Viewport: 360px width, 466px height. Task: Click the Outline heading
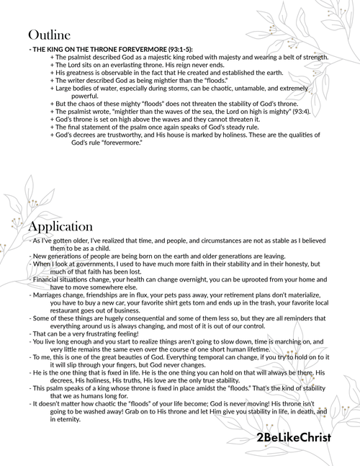(49, 35)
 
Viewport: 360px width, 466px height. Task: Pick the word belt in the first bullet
(288, 57)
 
